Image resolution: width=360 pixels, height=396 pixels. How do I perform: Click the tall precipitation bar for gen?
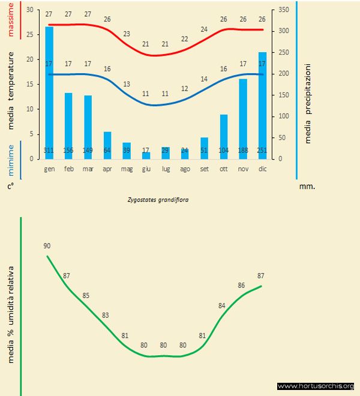49,90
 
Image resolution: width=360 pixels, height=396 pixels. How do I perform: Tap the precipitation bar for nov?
243,117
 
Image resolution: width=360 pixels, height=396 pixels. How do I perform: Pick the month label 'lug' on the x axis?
166,170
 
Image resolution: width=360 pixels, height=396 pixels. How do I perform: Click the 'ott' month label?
224,170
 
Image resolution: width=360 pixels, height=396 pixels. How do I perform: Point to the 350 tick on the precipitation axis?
284,10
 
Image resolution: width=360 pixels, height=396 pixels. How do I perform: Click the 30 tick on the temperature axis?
31,10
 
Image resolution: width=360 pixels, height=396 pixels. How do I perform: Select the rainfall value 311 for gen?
49,150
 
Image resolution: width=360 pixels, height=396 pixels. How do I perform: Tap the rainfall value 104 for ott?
224,150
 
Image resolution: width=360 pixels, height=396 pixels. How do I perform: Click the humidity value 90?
47,246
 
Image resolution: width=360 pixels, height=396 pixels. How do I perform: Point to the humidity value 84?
222,306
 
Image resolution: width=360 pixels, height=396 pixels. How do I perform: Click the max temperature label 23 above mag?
127,34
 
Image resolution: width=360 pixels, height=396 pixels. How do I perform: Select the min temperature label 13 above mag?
127,84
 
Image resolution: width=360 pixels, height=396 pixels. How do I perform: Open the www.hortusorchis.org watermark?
316,386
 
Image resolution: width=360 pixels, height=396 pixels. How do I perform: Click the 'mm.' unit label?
307,187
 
